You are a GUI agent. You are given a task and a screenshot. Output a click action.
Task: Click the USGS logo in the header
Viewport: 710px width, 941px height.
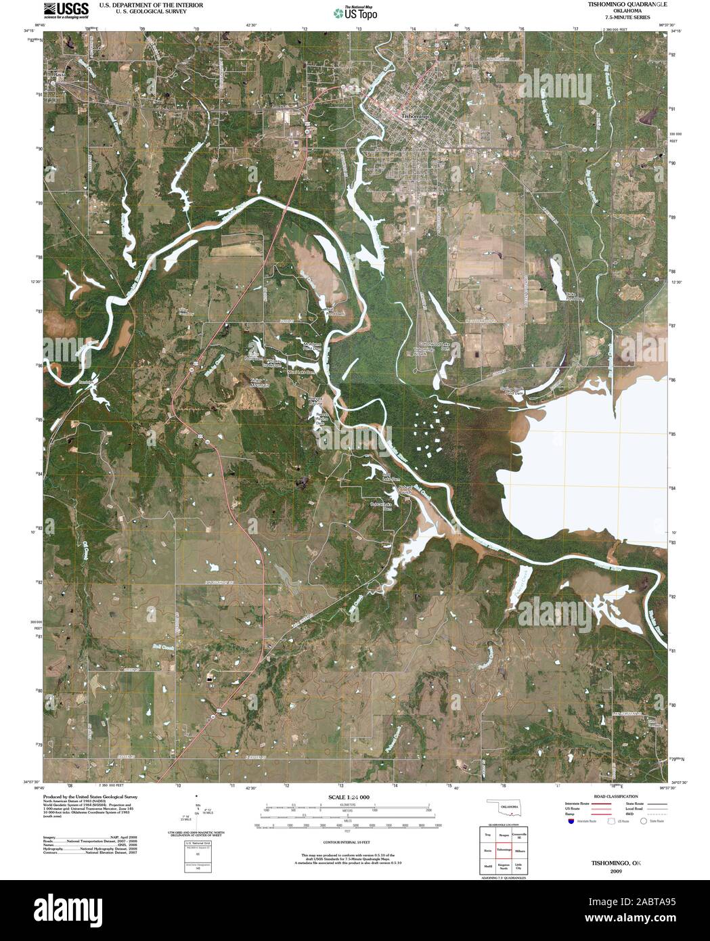pyautogui.click(x=66, y=9)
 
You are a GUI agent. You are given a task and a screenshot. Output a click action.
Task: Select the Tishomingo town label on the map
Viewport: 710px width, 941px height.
pyautogui.click(x=416, y=116)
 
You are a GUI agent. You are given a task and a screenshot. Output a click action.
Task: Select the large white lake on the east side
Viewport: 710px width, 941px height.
pyautogui.click(x=596, y=460)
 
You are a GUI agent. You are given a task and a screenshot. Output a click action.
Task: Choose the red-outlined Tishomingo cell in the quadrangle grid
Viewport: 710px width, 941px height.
pyautogui.click(x=503, y=849)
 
